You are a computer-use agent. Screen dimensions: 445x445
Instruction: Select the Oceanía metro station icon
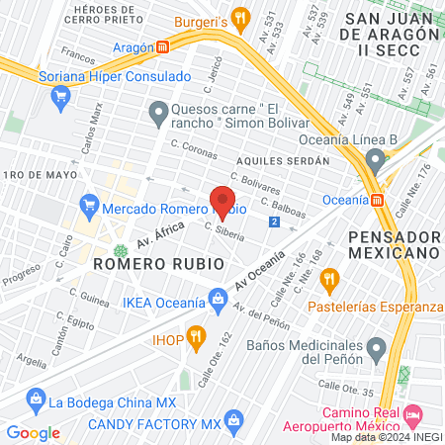click(378, 199)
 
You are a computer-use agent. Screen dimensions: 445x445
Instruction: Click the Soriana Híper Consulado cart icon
click(60, 96)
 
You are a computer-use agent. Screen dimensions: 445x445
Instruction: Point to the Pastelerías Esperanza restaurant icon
click(329, 277)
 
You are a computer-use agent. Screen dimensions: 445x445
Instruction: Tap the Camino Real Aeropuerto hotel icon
click(413, 411)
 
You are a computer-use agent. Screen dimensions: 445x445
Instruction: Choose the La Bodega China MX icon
click(37, 401)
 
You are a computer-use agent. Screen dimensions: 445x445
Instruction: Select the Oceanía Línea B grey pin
click(374, 160)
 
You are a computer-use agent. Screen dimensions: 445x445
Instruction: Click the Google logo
click(33, 432)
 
